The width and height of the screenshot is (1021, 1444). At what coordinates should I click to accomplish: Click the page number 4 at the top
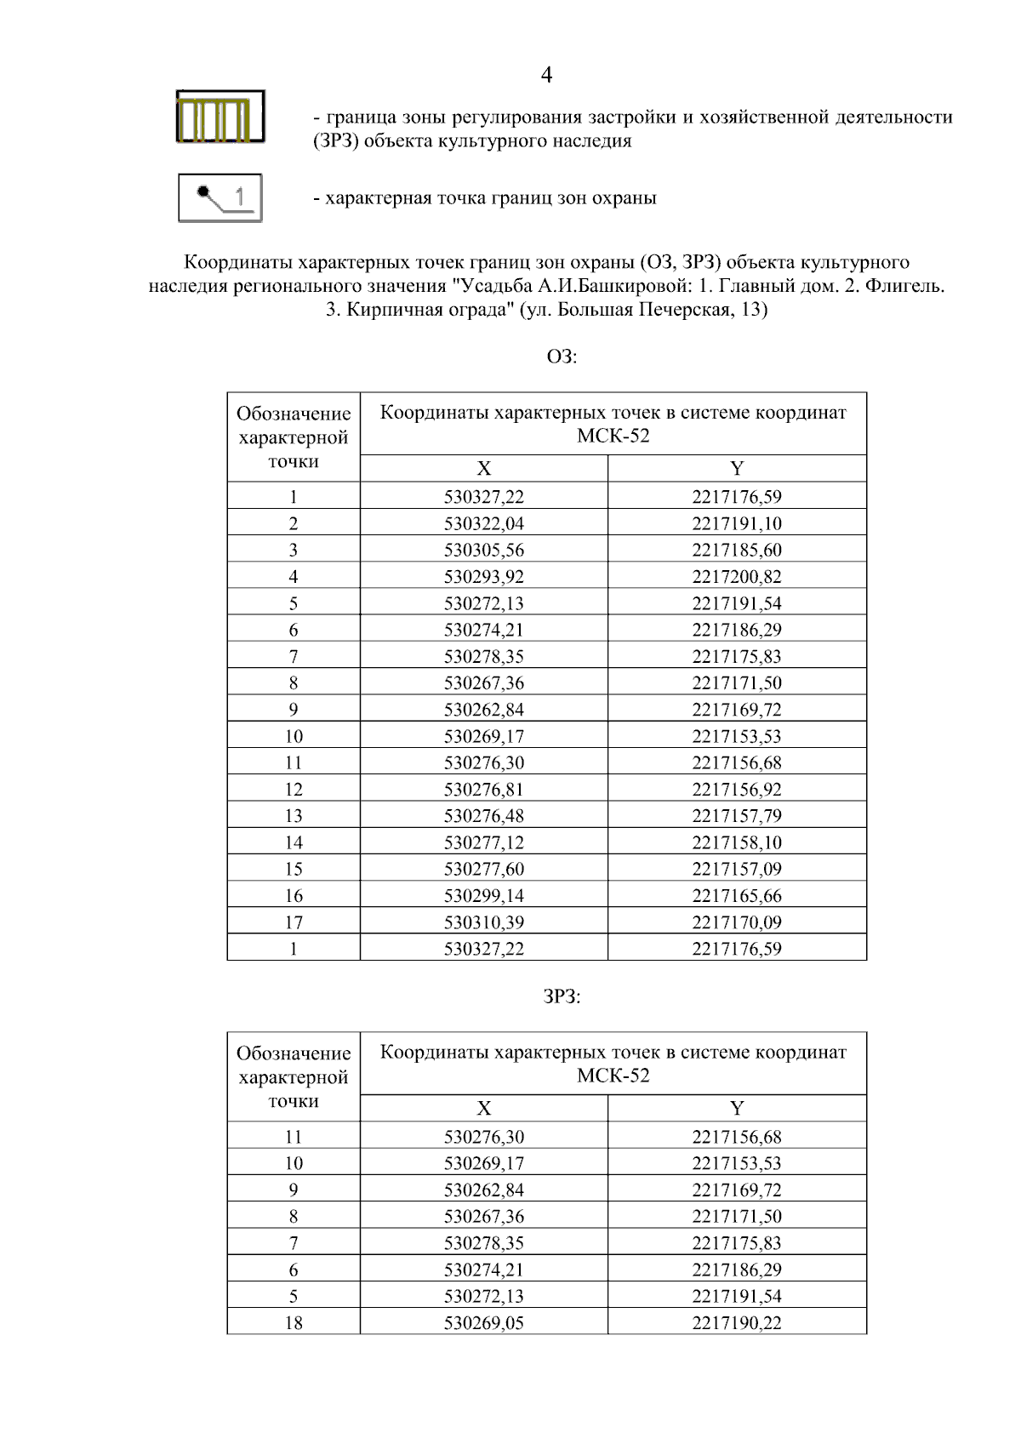point(546,76)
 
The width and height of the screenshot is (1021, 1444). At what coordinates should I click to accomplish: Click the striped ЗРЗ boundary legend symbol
point(220,117)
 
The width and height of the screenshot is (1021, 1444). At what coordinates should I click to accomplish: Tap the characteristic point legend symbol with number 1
point(220,197)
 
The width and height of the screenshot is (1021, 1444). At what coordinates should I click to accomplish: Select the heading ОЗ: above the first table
point(562,357)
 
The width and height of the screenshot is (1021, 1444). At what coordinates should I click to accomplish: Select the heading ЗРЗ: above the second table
point(562,997)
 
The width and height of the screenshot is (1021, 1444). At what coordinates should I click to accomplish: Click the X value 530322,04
point(484,523)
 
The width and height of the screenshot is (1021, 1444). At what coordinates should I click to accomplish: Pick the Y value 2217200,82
point(736,577)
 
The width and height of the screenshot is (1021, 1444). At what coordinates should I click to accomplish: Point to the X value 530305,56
point(484,550)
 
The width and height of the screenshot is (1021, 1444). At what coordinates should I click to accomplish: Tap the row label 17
point(294,922)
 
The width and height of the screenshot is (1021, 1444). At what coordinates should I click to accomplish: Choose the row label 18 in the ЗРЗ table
point(294,1323)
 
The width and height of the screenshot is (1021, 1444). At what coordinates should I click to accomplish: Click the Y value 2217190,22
point(736,1323)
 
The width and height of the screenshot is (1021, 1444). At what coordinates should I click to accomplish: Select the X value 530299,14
point(484,896)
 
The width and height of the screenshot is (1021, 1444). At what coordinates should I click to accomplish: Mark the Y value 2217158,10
point(736,842)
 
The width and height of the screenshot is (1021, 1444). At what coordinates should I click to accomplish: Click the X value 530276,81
point(484,790)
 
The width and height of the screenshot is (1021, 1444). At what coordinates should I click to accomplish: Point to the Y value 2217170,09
point(736,922)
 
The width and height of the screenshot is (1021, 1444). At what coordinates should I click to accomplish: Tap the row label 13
point(294,816)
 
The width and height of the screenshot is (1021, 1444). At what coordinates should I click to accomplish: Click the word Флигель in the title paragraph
point(904,286)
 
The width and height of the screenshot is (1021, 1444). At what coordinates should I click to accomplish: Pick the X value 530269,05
point(484,1323)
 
